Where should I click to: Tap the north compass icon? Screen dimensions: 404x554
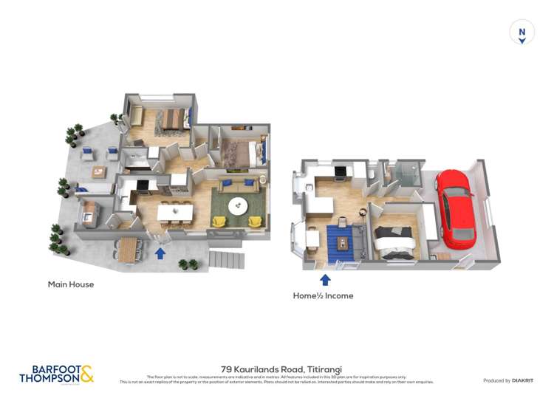(x=521, y=32)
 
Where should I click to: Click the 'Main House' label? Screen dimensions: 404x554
(x=71, y=284)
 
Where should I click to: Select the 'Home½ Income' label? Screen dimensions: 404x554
(x=323, y=295)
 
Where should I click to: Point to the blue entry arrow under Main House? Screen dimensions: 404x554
(x=160, y=254)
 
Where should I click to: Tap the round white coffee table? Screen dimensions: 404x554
(x=238, y=206)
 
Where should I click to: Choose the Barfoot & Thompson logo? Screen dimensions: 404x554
(x=57, y=374)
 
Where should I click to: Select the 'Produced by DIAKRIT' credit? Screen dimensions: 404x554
(x=507, y=380)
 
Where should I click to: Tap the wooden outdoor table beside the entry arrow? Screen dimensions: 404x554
(x=129, y=247)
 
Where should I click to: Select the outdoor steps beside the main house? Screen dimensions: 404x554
(x=226, y=260)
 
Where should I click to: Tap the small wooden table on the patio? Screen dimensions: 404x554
(x=99, y=171)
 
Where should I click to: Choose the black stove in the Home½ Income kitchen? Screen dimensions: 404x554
(x=342, y=174)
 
